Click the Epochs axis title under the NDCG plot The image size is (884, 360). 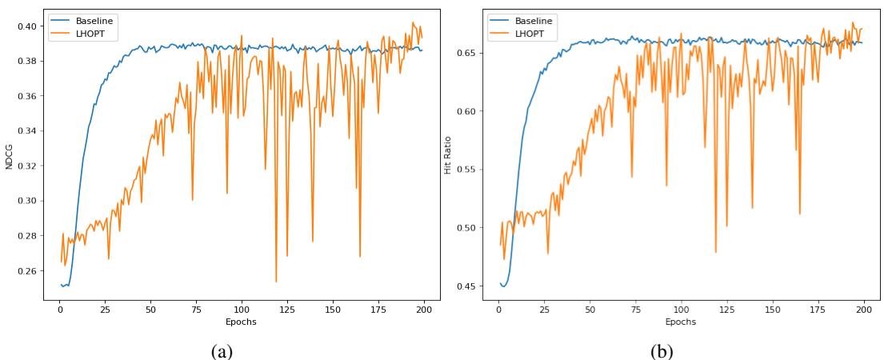pyautogui.click(x=241, y=322)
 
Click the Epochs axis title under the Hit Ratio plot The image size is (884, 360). pyautogui.click(x=681, y=322)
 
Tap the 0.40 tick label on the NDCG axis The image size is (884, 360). pyautogui.click(x=26, y=26)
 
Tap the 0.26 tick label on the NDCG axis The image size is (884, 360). pyautogui.click(x=26, y=271)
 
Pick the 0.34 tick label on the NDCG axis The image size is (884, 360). pyautogui.click(x=26, y=131)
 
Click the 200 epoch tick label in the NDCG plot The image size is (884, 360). pyautogui.click(x=424, y=309)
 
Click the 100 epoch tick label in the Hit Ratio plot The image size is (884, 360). pyautogui.click(x=681, y=309)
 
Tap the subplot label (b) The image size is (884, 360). pyautogui.click(x=661, y=349)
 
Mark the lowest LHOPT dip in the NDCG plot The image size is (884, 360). pyautogui.click(x=276, y=282)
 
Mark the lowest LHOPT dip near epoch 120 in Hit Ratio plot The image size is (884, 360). pyautogui.click(x=716, y=252)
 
